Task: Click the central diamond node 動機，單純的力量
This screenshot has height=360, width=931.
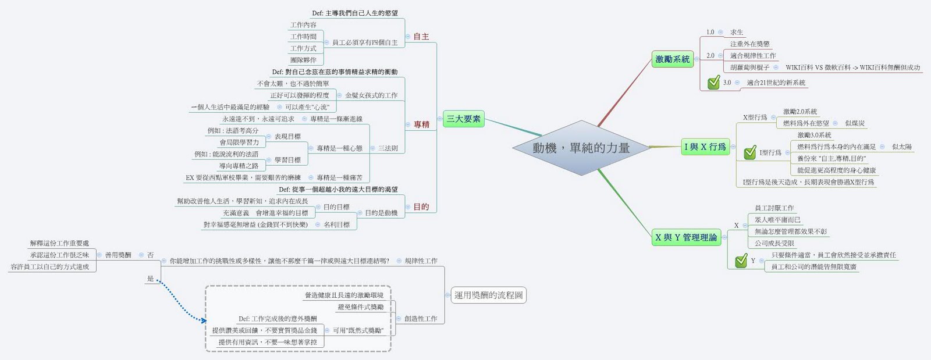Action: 581,148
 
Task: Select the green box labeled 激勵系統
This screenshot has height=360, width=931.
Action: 672,59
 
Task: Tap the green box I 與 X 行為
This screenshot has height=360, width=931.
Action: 705,147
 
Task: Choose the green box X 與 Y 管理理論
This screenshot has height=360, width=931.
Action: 686,237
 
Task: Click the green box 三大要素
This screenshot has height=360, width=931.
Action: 463,119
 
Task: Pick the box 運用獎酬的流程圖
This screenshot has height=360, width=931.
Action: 488,295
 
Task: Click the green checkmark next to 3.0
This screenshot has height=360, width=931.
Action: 713,83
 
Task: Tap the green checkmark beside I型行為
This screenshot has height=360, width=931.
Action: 749,152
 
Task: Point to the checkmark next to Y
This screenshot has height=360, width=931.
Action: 741,261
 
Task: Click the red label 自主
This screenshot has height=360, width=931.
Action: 421,37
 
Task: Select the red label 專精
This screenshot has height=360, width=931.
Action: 421,124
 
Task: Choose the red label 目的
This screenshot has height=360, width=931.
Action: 421,206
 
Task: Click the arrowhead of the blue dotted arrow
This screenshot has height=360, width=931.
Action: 204,319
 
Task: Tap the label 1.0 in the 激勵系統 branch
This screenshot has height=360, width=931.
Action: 710,32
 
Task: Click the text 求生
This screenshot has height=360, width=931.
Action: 737,32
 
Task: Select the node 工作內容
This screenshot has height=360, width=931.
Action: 303,25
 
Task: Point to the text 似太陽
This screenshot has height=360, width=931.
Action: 901,147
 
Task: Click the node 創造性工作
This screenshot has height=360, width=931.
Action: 421,319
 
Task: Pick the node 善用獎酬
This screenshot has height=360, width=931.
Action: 118,255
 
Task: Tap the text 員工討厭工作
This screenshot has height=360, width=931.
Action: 774,208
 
